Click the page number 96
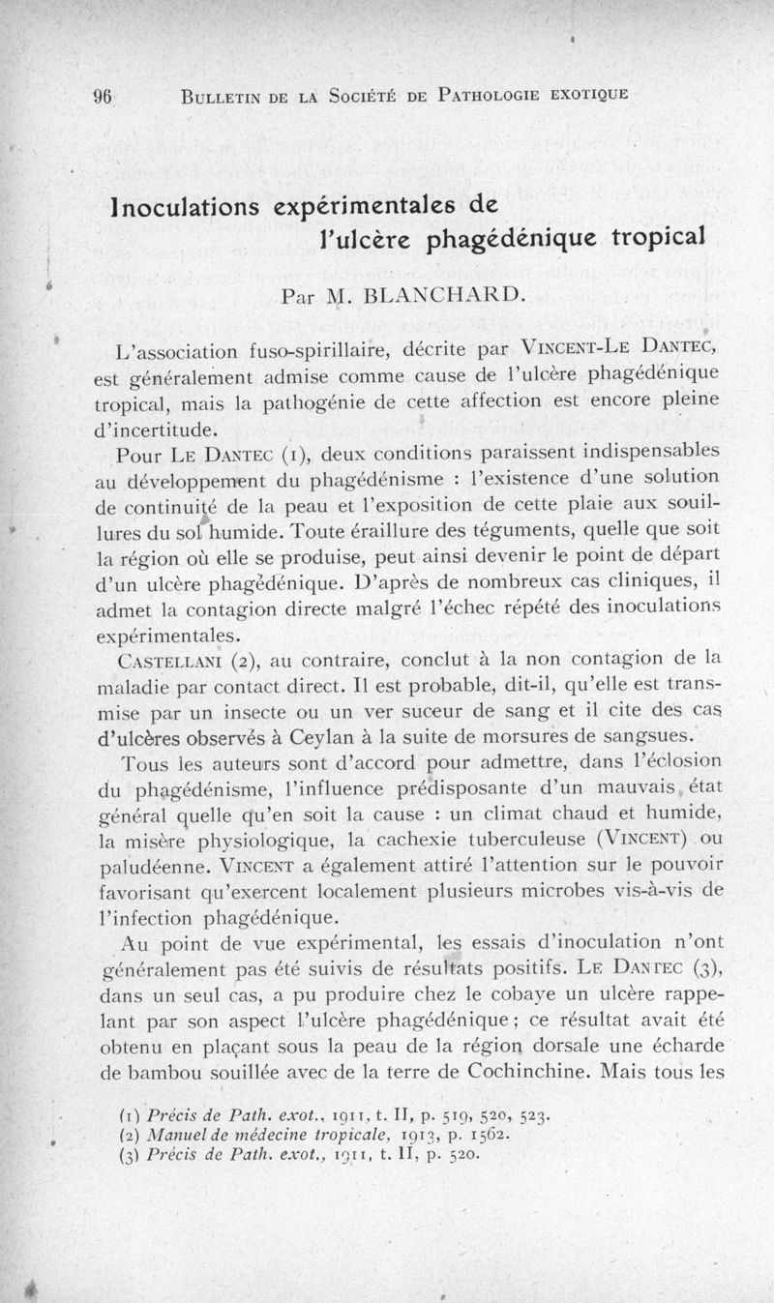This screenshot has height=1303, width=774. click(x=104, y=95)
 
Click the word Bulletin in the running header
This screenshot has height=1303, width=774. click(x=221, y=95)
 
